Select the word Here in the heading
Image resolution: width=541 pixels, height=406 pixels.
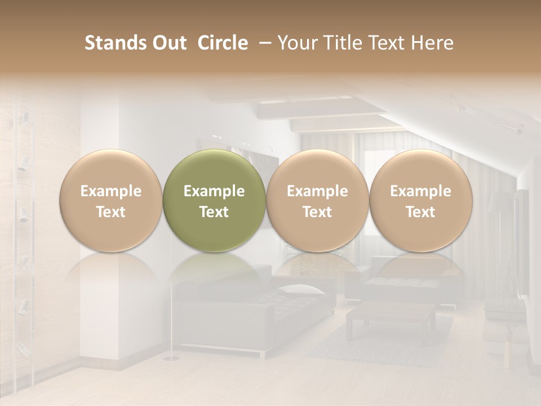[433, 43]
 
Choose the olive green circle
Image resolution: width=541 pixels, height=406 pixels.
[214, 200]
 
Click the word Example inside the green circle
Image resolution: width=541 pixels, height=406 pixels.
[214, 191]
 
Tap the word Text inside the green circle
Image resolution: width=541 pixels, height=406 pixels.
[214, 212]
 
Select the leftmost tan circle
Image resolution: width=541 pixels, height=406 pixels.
[111, 200]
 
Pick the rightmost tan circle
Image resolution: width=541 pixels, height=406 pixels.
[420, 200]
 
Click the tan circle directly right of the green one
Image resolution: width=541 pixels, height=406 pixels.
[317, 200]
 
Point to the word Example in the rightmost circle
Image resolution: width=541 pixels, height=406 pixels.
[420, 191]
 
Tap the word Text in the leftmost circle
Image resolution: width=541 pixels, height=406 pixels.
[111, 212]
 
